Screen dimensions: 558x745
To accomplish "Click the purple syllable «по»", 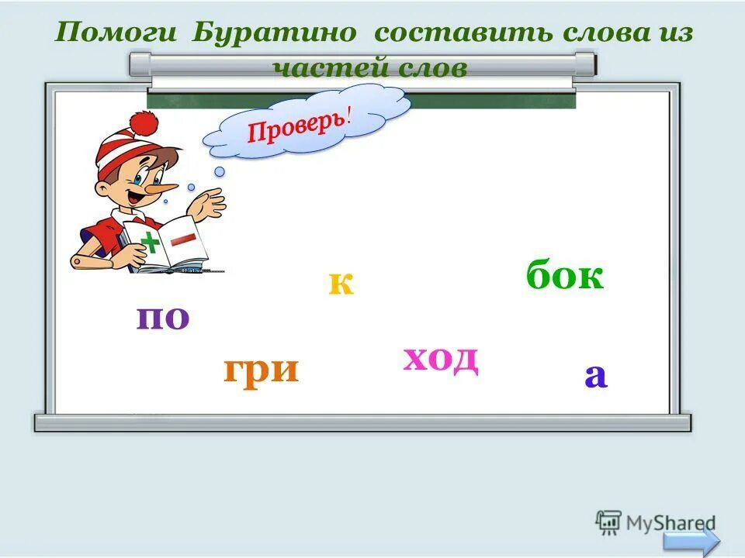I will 163,318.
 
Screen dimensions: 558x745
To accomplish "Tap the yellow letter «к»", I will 341,284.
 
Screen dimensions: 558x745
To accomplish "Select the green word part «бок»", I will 564,276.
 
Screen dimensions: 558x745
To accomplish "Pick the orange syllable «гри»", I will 261,370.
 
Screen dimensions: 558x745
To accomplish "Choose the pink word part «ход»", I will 440,358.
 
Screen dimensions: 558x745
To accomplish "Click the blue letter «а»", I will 595,376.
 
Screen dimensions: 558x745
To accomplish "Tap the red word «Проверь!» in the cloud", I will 300,126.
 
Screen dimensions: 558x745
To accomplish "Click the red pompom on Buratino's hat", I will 143,122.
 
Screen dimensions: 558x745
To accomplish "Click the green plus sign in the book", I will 152,244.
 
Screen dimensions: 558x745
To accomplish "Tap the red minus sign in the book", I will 185,239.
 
